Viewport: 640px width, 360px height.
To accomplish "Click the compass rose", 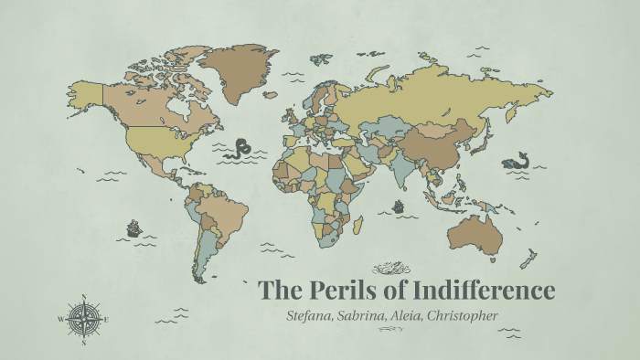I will (x=83, y=319).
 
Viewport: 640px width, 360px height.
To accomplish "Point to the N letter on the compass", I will (x=83, y=296).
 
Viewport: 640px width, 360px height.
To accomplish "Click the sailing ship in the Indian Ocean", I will (x=399, y=206).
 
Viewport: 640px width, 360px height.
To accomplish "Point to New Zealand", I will (x=531, y=258).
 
